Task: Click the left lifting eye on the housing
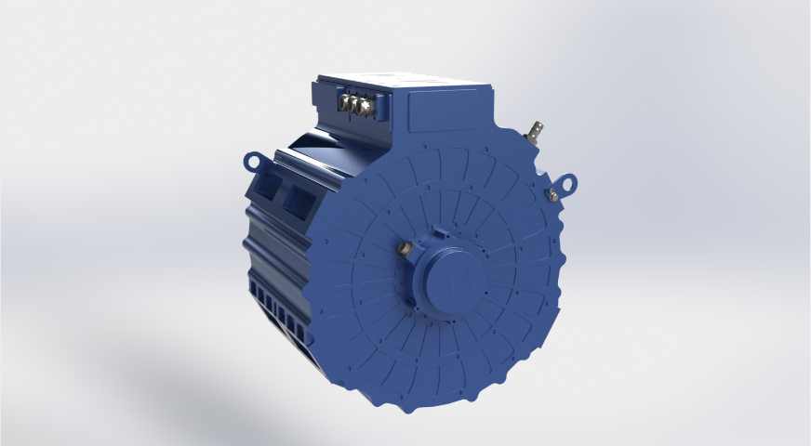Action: [251, 161]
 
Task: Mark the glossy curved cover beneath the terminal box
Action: [316, 148]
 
